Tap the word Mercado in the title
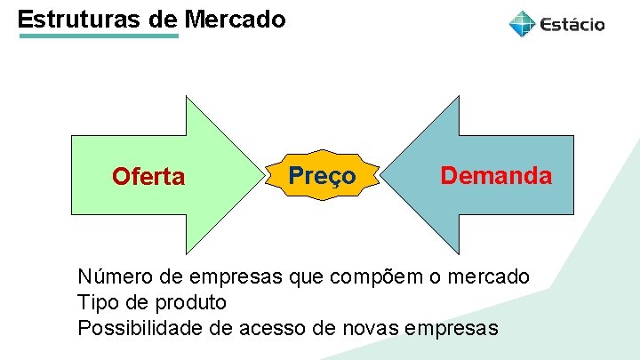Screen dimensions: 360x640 tap(236, 19)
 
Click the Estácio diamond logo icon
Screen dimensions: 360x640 tap(522, 24)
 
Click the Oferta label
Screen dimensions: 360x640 tap(148, 177)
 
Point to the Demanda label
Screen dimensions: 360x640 tap(496, 175)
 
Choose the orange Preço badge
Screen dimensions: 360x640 tap(323, 175)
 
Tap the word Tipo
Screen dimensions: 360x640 tap(99, 302)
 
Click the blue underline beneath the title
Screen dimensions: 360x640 tap(98, 36)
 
